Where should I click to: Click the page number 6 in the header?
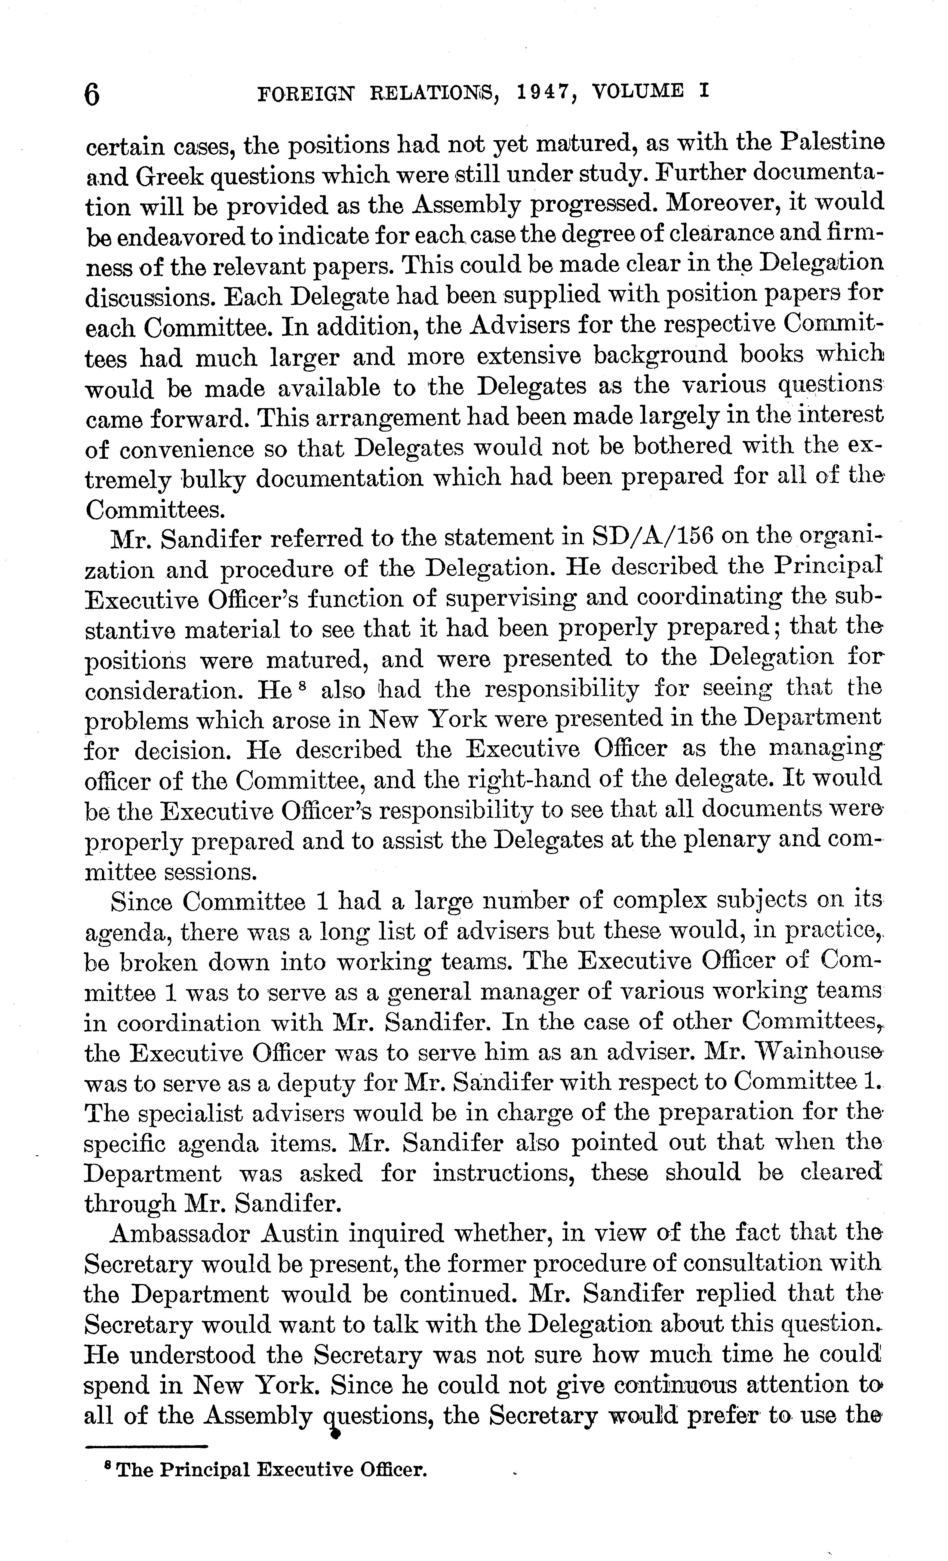coord(93,95)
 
